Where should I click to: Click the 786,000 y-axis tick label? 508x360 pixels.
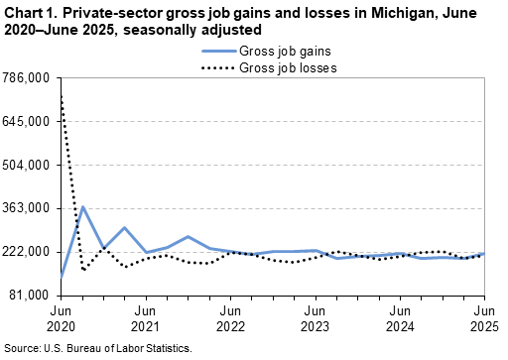[27, 78]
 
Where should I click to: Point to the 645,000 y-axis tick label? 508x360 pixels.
[27, 122]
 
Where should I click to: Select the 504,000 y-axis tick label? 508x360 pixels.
[27, 166]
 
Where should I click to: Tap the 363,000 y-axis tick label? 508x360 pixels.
[27, 208]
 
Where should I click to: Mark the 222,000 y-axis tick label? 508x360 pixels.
[27, 252]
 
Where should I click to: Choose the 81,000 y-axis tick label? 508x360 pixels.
[30, 296]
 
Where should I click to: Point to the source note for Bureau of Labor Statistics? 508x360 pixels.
[96, 349]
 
